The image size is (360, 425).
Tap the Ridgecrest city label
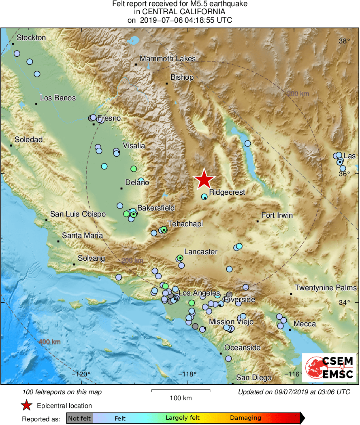[x=227, y=193]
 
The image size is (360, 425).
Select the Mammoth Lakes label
[x=168, y=59]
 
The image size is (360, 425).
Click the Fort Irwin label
[x=277, y=215]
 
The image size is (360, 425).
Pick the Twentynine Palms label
[x=326, y=288]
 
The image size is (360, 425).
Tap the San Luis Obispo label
[x=78, y=214]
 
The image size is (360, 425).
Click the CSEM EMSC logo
[x=329, y=368]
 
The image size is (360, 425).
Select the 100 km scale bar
[x=181, y=391]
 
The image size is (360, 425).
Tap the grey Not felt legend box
[x=79, y=418]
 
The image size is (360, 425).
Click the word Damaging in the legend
[x=245, y=418]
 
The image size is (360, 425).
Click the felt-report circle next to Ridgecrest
[x=204, y=196]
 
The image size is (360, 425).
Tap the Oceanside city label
[x=243, y=348]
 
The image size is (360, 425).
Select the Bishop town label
[x=182, y=77]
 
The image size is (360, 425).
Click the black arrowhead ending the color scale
[x=302, y=418]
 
